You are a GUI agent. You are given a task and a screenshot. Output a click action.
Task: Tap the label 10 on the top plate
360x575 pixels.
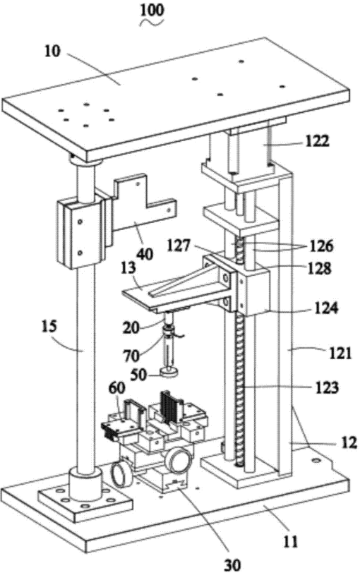click(x=52, y=51)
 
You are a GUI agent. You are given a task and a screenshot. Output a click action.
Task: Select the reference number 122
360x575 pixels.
click(x=318, y=140)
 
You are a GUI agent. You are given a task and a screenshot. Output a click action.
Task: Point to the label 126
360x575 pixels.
click(x=321, y=246)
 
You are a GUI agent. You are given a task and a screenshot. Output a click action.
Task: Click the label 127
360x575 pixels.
click(x=179, y=245)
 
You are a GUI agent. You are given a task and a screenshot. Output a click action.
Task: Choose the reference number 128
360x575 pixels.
click(x=320, y=268)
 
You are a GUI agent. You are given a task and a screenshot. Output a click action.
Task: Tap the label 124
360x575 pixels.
click(x=325, y=308)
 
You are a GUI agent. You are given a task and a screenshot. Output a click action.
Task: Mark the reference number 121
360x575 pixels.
click(x=340, y=353)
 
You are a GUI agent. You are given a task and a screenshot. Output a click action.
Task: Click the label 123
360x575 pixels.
click(x=327, y=387)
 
